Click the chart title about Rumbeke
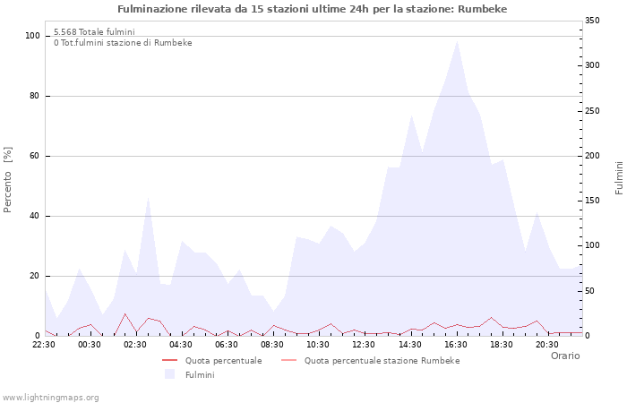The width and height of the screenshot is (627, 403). point(313,9)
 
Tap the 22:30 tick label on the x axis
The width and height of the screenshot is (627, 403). point(44,344)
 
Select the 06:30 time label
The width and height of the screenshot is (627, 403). point(228,344)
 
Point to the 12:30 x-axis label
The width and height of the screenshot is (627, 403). point(365,344)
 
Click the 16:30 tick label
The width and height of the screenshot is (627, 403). point(456,344)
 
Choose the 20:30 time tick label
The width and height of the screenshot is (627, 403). point(547,344)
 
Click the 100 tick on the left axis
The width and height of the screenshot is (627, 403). point(32,36)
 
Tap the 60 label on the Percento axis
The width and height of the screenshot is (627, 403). point(35,156)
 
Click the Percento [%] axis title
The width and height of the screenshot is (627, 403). point(9,179)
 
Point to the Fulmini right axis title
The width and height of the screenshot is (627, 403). point(618,177)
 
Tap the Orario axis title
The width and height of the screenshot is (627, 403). point(564,356)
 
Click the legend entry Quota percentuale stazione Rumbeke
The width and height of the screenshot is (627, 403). point(382,360)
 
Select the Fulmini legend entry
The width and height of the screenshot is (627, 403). point(200,374)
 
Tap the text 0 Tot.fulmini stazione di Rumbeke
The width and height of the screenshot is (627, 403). point(123,43)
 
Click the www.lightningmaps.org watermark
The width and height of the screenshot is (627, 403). point(51,397)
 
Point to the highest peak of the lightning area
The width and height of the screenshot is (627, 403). point(457,40)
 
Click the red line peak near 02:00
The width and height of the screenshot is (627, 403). point(125,313)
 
